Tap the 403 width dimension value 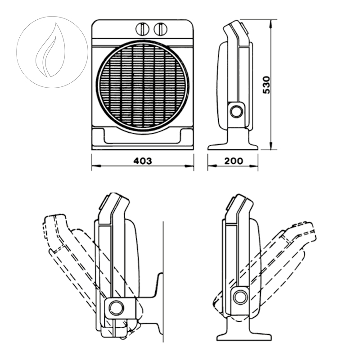point(143,161)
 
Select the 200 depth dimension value point(233,161)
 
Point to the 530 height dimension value point(266,85)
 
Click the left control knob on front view point(142,29)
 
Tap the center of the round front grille point(142,86)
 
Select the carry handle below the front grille point(143,136)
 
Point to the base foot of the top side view point(233,145)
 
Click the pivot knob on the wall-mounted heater point(117,308)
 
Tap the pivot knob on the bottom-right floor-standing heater point(240,297)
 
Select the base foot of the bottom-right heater point(243,335)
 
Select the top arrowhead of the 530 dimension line point(271,22)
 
